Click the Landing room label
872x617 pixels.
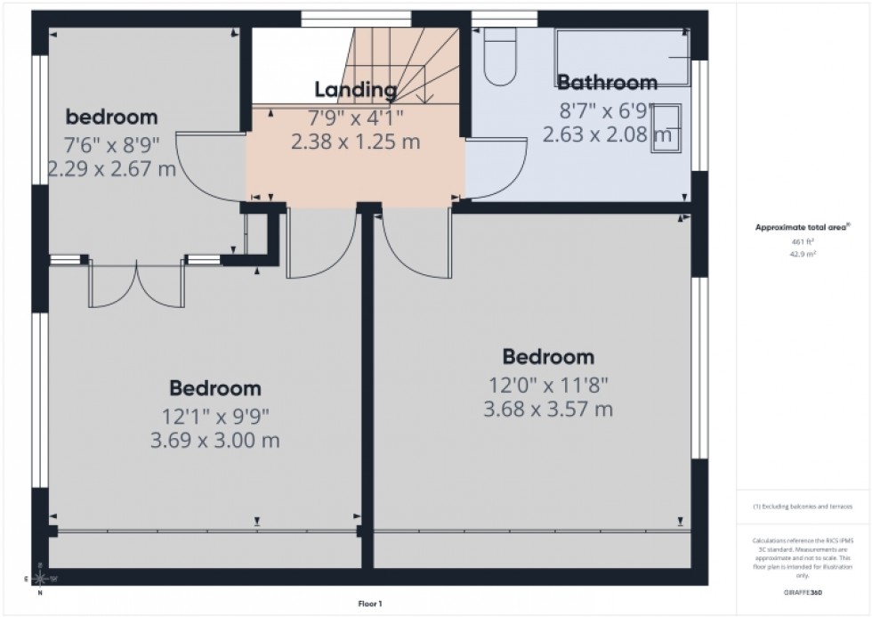[355, 90]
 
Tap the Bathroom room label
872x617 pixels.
[607, 84]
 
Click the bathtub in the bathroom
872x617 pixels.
[622, 57]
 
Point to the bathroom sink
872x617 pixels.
[666, 128]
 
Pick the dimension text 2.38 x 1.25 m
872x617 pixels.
[355, 141]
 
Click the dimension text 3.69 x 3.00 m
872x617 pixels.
[214, 440]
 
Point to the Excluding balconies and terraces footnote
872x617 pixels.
[803, 506]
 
